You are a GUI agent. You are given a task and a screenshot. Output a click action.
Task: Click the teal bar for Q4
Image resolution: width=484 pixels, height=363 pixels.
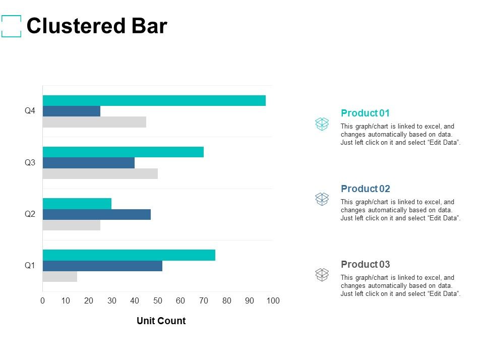click(154, 100)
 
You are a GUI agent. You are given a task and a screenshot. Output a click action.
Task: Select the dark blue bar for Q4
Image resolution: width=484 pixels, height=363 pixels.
click(72, 111)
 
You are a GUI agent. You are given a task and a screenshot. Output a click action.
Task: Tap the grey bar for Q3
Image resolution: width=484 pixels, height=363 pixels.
click(100, 173)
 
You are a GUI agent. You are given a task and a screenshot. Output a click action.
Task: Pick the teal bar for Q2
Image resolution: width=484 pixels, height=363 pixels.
click(77, 203)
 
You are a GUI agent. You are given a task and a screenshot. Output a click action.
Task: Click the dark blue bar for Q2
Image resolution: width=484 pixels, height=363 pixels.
click(96, 214)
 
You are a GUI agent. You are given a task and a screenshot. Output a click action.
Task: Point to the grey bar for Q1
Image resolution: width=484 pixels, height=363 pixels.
click(60, 276)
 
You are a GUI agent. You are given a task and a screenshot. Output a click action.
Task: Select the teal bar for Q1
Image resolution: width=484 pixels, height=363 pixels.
click(129, 255)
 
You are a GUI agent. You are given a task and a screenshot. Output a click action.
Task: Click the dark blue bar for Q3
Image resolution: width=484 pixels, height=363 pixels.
click(89, 163)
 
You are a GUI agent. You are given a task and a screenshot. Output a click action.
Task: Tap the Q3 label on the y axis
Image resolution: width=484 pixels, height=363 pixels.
click(30, 162)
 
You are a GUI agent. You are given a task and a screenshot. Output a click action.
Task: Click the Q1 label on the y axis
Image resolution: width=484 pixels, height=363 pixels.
click(30, 265)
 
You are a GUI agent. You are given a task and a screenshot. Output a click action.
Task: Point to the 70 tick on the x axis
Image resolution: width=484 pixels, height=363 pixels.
click(204, 301)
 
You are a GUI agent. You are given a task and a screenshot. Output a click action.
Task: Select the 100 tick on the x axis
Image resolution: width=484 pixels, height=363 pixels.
click(273, 301)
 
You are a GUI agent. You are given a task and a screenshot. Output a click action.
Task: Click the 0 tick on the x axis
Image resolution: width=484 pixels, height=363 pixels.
click(43, 301)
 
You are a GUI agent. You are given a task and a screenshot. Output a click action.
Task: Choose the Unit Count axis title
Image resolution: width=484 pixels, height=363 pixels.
click(161, 321)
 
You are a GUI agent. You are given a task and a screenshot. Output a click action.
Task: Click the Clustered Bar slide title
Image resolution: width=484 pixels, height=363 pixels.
click(96, 26)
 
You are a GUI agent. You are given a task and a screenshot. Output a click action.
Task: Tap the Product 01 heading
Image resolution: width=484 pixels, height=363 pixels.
click(365, 113)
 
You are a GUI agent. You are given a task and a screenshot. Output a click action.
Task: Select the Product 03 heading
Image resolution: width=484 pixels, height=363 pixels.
click(365, 264)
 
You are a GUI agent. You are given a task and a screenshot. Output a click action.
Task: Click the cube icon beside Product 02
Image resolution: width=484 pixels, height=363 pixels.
click(322, 199)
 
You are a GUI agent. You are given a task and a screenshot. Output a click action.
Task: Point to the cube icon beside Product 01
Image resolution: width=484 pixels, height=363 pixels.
click(322, 124)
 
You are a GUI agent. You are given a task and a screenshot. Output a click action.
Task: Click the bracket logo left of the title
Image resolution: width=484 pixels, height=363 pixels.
click(12, 26)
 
